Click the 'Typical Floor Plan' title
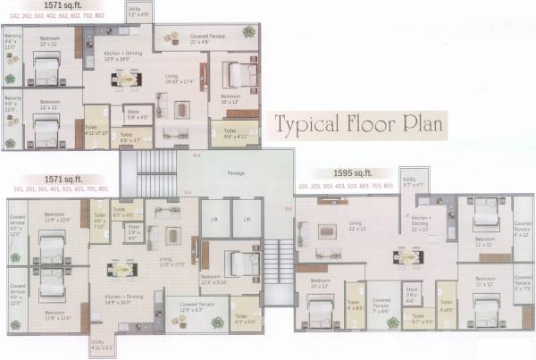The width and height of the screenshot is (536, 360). click(x=358, y=123)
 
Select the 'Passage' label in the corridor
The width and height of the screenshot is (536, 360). click(x=235, y=172)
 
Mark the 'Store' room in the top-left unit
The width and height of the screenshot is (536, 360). click(x=137, y=113)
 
